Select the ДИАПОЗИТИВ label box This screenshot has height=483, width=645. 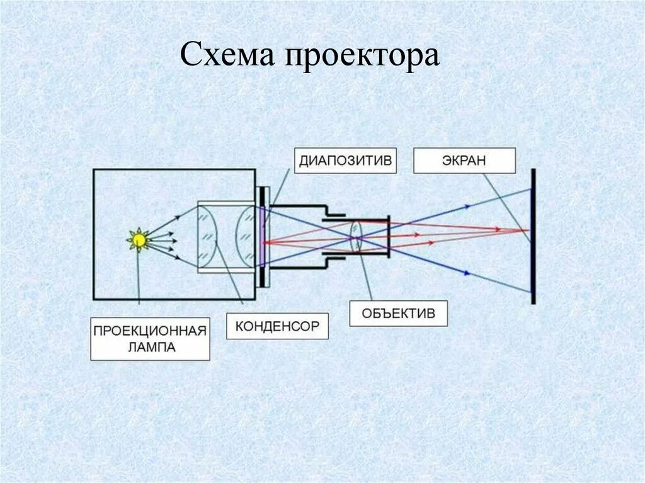pyautogui.click(x=346, y=160)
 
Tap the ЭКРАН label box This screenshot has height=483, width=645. pyautogui.click(x=464, y=160)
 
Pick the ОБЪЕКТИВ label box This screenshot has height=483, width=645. pyautogui.click(x=398, y=313)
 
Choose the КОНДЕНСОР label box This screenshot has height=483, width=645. pyautogui.click(x=277, y=326)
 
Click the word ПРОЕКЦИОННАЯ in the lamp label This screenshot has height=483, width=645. pyautogui.click(x=150, y=330)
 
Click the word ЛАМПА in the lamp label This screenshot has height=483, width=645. pyautogui.click(x=150, y=346)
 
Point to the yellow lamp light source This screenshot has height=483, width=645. pyautogui.click(x=138, y=240)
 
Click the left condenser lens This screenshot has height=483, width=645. pyautogui.click(x=208, y=237)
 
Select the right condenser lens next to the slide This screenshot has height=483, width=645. pyautogui.click(x=246, y=237)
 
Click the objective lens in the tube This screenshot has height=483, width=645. pyautogui.click(x=355, y=237)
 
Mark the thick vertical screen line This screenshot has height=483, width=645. pyautogui.click(x=533, y=236)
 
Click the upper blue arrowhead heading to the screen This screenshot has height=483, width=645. pyautogui.click(x=467, y=205)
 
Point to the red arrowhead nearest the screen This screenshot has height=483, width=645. pyautogui.click(x=498, y=229)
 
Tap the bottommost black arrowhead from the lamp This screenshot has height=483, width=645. pyautogui.click(x=177, y=259)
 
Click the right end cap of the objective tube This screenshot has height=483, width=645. pyautogui.click(x=389, y=237)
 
